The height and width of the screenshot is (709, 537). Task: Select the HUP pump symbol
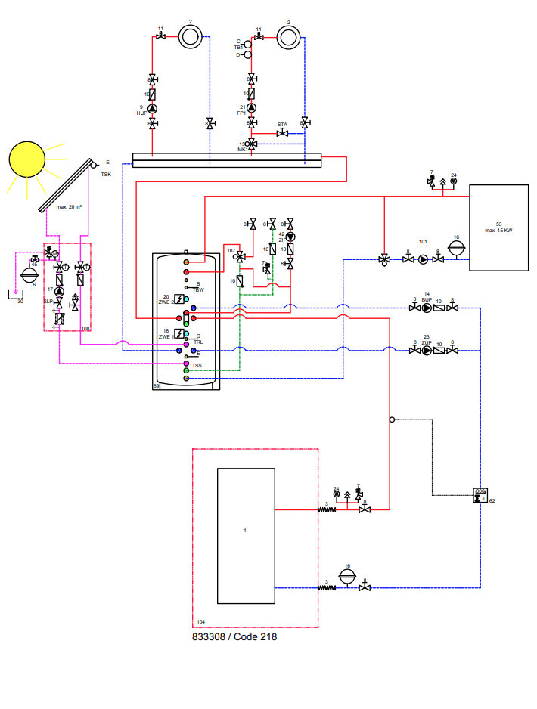[x=153, y=108]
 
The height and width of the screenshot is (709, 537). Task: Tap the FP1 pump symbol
[x=252, y=108]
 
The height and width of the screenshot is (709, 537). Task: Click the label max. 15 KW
[x=498, y=230]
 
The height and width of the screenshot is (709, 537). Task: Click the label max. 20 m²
[x=69, y=206]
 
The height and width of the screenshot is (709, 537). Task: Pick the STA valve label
[x=282, y=125]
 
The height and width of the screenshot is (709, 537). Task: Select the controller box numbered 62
[x=480, y=494]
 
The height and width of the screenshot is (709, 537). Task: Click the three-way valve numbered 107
[x=240, y=257]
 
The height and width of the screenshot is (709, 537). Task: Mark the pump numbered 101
[x=423, y=259]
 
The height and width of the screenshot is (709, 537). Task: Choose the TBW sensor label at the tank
[x=198, y=289]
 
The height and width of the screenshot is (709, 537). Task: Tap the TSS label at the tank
[x=197, y=365]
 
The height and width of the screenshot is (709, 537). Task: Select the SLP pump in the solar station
[x=59, y=292]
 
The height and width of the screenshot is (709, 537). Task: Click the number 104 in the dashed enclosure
[x=200, y=621]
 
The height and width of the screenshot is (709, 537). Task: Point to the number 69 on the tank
[x=157, y=386]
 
